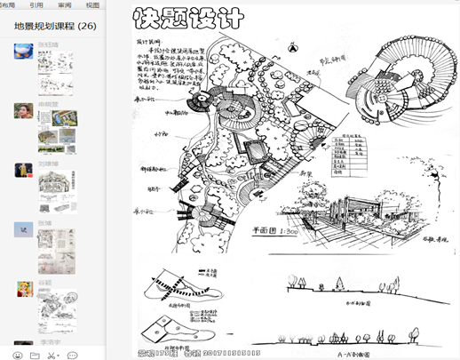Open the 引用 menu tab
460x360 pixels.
pyautogui.click(x=36, y=4)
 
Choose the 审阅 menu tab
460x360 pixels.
pyautogui.click(x=65, y=4)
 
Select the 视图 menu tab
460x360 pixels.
pyautogui.click(x=92, y=4)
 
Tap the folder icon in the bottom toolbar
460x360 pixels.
pyautogui.click(x=34, y=355)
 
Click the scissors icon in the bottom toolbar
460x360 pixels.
pyautogui.click(x=52, y=355)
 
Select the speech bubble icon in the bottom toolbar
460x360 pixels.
pyautogui.click(x=73, y=355)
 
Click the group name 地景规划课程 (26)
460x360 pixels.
pyautogui.click(x=55, y=27)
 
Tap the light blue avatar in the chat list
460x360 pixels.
pyautogui.click(x=24, y=228)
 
